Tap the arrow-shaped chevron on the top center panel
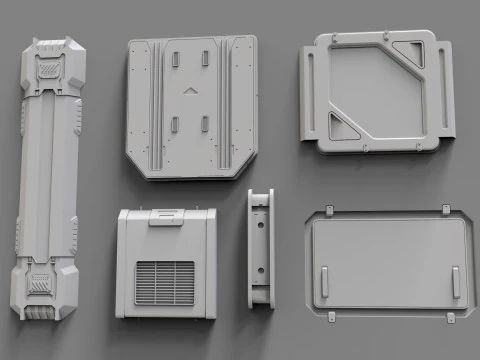[189, 91]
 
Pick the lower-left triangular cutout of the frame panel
[340, 127]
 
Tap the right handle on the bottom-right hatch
[455, 282]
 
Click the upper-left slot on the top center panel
[175, 59]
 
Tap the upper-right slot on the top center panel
[205, 59]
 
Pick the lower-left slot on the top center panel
[175, 124]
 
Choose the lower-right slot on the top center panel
[205, 124]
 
